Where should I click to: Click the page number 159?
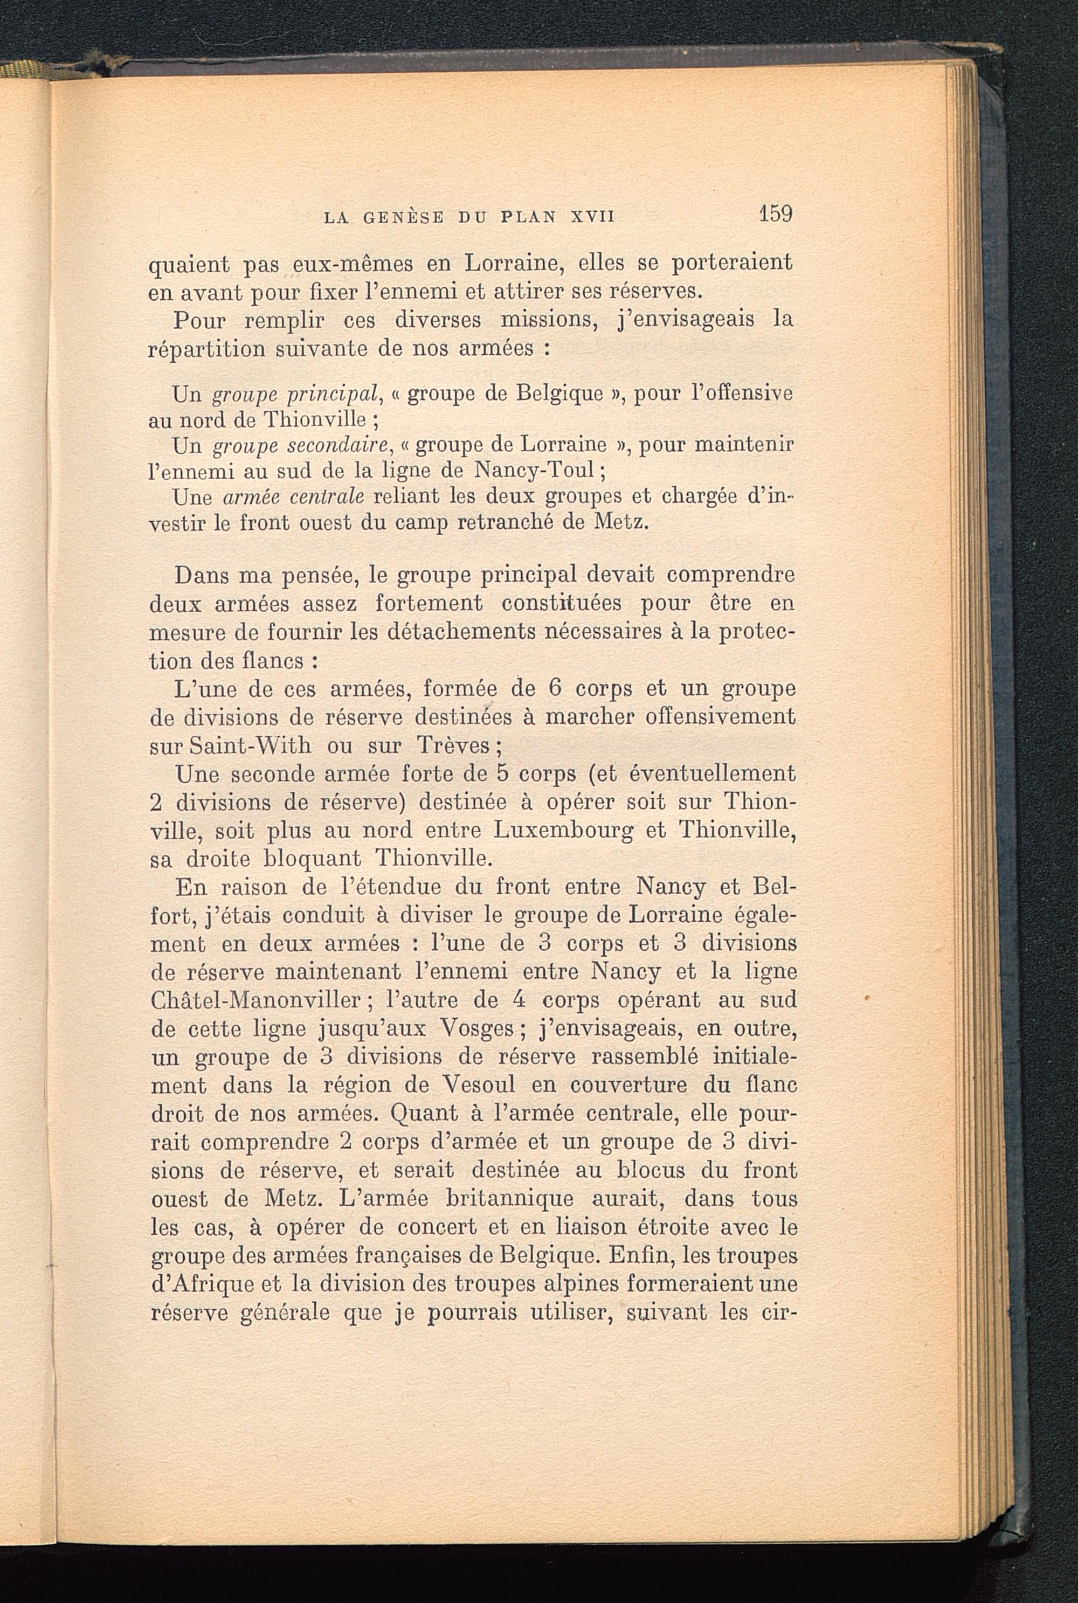tap(776, 214)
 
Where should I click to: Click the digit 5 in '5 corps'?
tap(502, 774)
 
